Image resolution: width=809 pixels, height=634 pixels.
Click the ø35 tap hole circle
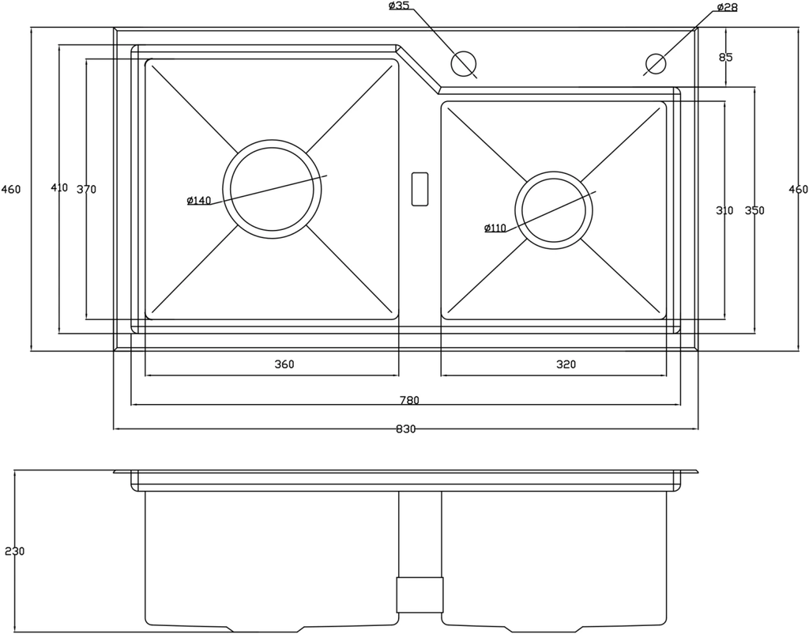point(463,62)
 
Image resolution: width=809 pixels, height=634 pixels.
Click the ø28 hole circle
point(656,62)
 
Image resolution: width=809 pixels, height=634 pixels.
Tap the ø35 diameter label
point(399,6)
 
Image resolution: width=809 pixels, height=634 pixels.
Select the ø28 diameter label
point(727,7)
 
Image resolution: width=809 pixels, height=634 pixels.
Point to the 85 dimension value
point(726,57)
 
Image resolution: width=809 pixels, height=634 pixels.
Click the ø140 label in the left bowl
point(199,201)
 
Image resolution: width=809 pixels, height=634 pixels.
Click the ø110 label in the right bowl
point(495,228)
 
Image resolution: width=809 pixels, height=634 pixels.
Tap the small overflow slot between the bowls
point(420,187)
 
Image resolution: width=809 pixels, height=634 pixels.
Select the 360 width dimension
point(284,364)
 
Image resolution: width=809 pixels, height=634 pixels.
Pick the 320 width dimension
point(566,364)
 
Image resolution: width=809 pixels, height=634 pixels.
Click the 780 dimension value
point(409,400)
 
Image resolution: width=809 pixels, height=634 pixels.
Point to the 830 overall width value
point(405,429)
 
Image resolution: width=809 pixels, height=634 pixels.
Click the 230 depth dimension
point(14,551)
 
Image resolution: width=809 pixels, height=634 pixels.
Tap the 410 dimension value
point(59,188)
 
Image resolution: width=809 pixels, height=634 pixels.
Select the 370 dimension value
point(86,190)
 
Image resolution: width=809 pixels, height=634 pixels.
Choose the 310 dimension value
point(724,211)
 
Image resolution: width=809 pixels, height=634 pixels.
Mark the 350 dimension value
point(754,211)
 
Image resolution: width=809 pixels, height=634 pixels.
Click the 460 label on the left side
point(11,190)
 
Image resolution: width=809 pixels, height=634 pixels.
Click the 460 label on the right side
point(798,190)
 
